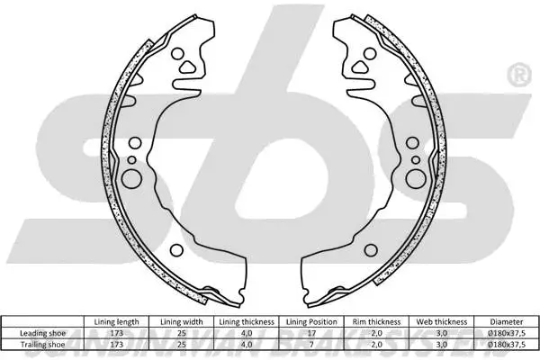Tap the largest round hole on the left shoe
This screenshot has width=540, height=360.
click(x=130, y=177)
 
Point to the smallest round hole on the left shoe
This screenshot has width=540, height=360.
click(x=132, y=160)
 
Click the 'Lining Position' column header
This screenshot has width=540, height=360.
click(x=311, y=321)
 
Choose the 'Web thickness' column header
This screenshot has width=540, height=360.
click(x=442, y=321)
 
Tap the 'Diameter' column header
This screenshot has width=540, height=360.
click(x=506, y=321)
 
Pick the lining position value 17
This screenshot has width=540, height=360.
click(x=311, y=332)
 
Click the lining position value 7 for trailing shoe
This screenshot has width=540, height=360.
click(x=311, y=343)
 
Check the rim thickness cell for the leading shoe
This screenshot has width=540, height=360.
click(x=377, y=332)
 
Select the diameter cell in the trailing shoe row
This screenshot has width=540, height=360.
click(x=506, y=343)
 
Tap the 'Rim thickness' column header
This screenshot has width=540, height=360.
click(x=377, y=321)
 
